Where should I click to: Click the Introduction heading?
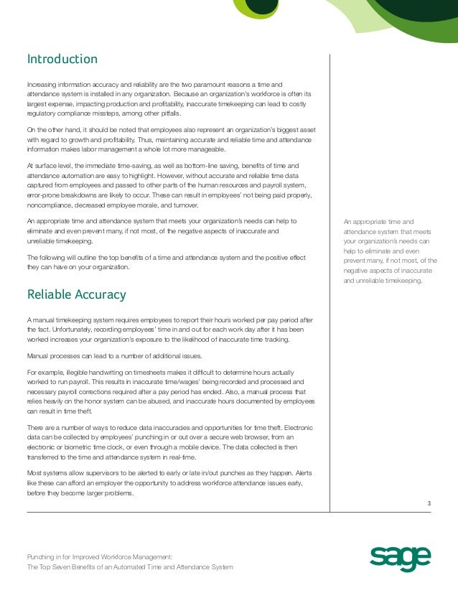[62, 59]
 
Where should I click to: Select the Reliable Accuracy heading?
[76, 294]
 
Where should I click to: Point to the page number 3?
[429, 502]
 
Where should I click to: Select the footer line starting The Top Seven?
[129, 567]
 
